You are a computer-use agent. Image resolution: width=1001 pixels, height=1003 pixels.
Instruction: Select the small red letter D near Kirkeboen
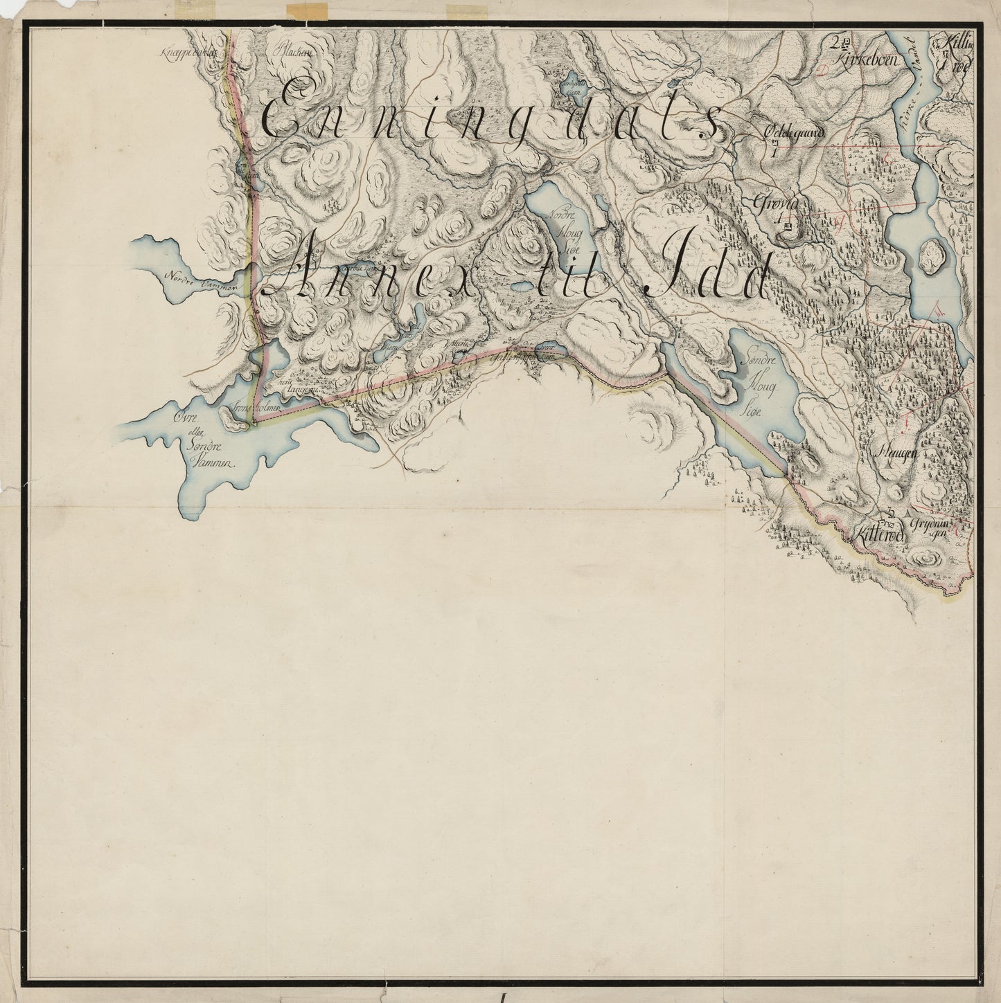coord(823,69)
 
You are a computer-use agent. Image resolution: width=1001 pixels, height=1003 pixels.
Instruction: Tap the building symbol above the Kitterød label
coord(891,513)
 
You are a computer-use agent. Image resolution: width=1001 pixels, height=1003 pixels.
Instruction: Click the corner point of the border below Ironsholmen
coord(254,425)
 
